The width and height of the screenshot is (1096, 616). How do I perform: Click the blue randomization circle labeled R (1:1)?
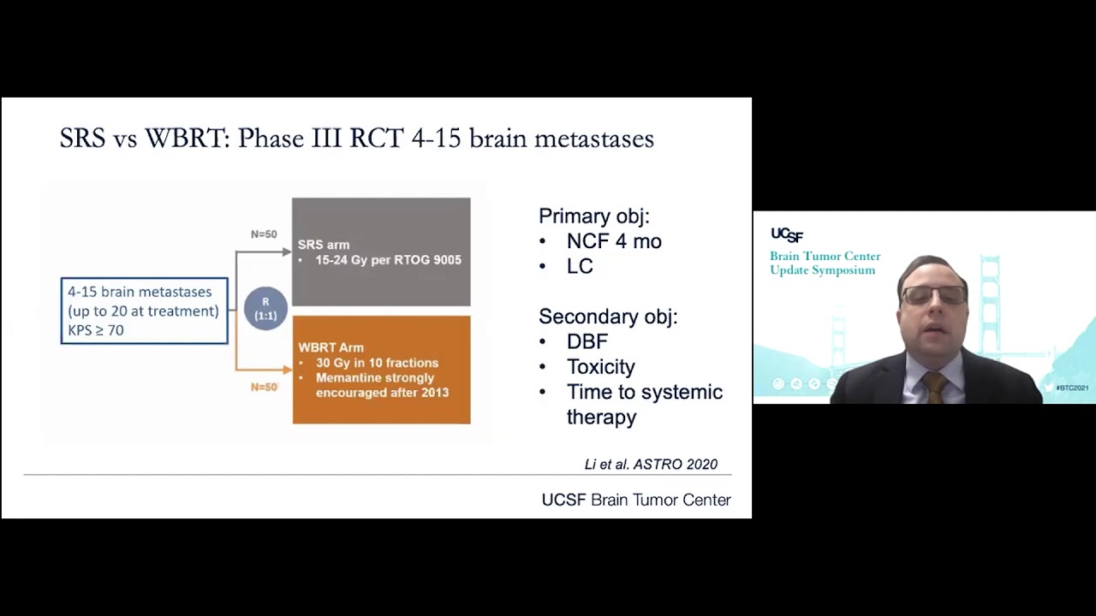point(265,309)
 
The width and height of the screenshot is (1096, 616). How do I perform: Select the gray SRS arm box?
point(381,252)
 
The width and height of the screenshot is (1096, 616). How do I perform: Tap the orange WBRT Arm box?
point(381,370)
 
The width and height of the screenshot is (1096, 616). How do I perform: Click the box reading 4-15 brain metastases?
point(144,311)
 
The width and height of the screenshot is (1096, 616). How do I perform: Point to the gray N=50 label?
point(264,234)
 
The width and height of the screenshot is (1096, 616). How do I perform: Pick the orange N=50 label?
point(264,388)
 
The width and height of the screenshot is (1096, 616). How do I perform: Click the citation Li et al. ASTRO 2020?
point(651,465)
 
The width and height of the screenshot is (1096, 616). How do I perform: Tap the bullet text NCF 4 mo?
point(614,241)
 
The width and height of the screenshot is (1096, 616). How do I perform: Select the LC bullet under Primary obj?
point(580,266)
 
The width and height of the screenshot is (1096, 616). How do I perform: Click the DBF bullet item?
point(587,341)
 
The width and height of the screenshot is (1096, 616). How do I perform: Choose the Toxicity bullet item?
point(600,367)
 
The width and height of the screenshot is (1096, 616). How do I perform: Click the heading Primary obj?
point(593,216)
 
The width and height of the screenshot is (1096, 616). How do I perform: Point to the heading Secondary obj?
point(608,317)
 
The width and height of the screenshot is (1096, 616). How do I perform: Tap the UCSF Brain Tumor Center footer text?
point(636,500)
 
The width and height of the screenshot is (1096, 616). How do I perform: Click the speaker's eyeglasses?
point(932,295)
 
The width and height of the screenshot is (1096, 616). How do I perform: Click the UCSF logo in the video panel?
point(787,234)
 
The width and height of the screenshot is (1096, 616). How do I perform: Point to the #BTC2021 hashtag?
point(1072,388)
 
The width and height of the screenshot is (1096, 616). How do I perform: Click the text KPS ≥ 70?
point(96,330)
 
